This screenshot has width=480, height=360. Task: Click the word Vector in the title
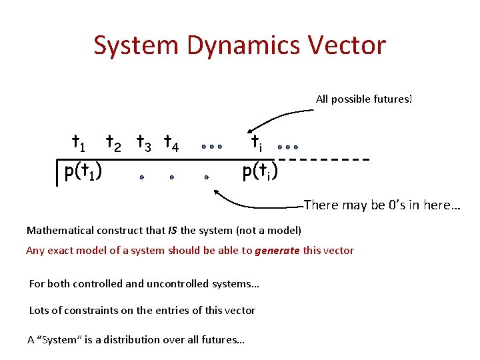click(x=353, y=45)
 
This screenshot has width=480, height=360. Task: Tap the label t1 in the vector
click(x=78, y=143)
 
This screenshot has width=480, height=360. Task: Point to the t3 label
click(x=143, y=143)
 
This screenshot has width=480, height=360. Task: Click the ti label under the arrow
click(x=257, y=143)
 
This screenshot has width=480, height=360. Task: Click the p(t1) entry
click(x=83, y=171)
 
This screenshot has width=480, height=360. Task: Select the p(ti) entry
click(x=260, y=171)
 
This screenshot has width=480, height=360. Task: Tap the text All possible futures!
click(x=364, y=99)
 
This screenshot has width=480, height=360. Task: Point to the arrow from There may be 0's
click(x=253, y=201)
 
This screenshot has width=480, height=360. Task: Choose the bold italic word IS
click(x=173, y=231)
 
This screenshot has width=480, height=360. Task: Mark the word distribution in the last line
click(x=127, y=339)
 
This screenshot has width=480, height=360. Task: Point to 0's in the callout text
click(x=399, y=205)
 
